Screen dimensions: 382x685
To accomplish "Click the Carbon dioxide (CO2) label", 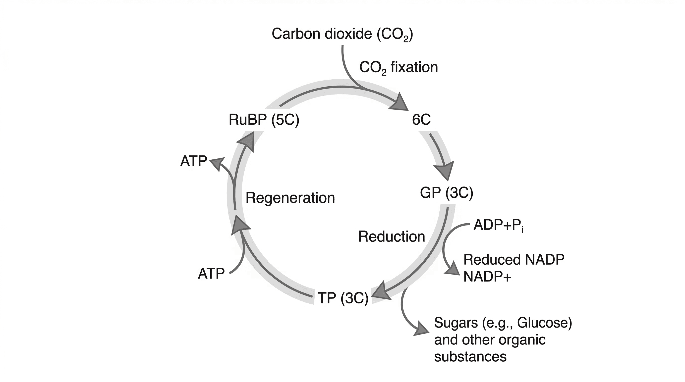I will pos(342,34).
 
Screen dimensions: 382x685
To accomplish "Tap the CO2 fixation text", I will pos(398,67).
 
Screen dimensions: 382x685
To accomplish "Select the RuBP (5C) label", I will pos(264,120).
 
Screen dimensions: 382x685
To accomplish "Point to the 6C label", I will pos(421,120).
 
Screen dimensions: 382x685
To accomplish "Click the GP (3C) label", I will pos(447,192).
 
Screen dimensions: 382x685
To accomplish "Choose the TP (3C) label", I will pos(343,298).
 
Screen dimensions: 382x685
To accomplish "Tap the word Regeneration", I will pos(290,198).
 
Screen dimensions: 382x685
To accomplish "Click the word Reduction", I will pos(392,237).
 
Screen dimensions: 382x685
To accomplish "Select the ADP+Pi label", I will pos(498,226).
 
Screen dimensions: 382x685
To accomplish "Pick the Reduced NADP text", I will pos(514,260).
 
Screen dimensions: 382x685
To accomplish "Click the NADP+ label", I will pos(487,277).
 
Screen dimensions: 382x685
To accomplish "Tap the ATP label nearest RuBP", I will pos(194,161).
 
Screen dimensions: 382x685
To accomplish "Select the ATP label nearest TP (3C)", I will pos(211,273).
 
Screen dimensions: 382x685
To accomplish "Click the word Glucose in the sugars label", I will pos(544,323).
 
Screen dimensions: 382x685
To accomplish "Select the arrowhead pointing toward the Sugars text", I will pos(421,330).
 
